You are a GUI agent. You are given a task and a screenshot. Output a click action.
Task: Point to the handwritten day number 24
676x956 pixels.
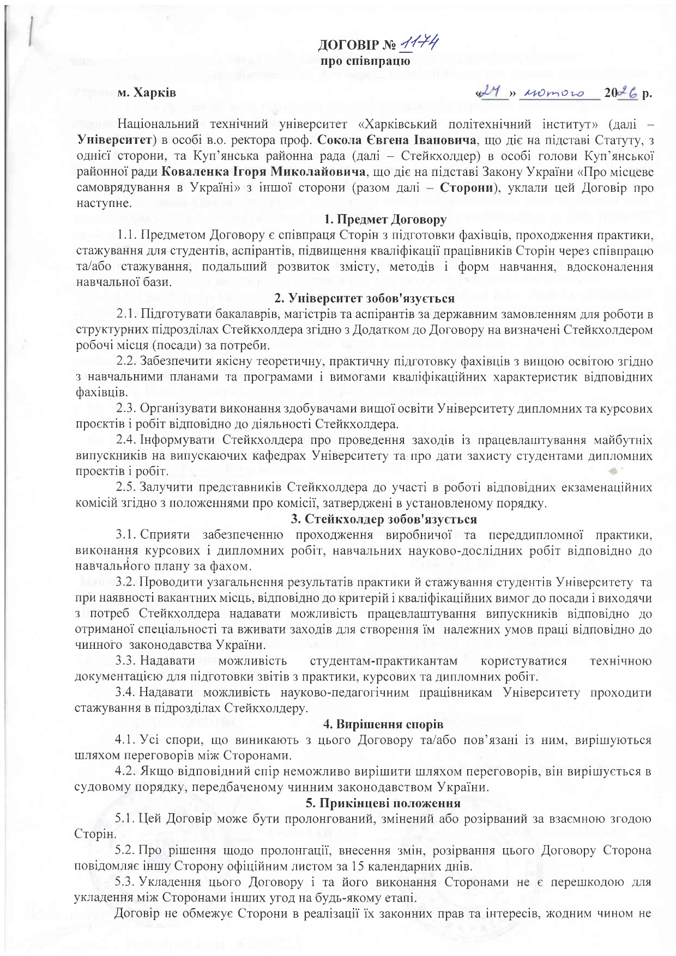[491, 93]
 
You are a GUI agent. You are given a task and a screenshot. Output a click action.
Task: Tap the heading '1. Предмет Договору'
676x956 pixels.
[385, 220]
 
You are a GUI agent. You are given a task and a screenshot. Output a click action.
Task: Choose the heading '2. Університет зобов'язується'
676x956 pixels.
[364, 299]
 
